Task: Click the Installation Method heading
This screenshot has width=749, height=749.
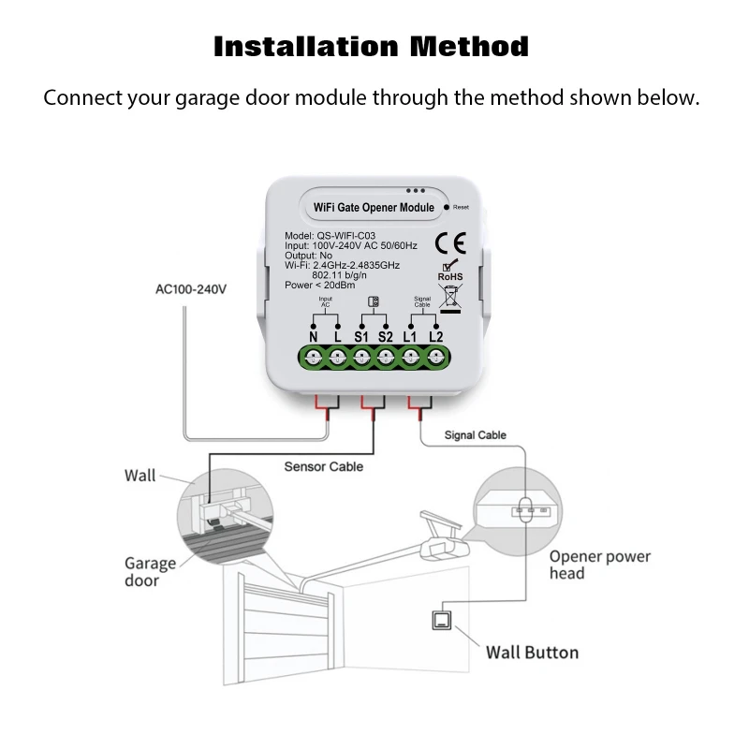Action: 372,46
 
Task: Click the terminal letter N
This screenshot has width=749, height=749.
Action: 314,335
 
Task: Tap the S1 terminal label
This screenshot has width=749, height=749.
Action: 361,335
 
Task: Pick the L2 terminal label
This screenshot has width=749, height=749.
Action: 435,335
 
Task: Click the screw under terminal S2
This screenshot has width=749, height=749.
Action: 386,357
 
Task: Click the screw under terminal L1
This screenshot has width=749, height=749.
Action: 411,357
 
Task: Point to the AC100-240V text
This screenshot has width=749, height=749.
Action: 190,289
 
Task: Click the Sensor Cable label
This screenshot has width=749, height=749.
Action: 324,465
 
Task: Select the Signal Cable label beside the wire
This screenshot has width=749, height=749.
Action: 476,435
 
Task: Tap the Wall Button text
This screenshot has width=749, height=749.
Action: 532,652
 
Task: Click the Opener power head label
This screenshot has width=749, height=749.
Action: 600,565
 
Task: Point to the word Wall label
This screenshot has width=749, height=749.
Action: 140,476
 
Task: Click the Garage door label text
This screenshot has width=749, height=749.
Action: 150,572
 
